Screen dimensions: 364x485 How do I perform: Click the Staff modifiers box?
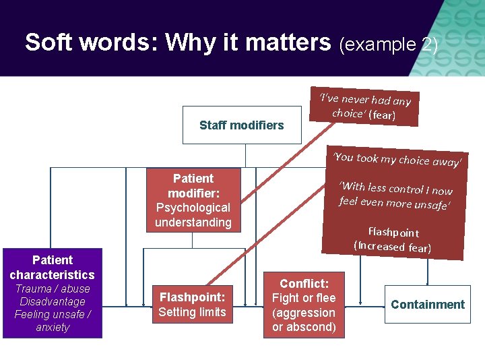pos(242,125)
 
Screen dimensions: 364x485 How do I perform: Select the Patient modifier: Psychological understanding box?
pos(193,200)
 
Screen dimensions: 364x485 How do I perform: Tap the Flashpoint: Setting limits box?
pos(193,304)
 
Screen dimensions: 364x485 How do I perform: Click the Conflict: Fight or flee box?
pos(304,305)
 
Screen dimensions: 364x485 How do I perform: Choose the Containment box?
pos(428,304)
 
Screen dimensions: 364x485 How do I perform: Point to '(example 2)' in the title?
pos(389,44)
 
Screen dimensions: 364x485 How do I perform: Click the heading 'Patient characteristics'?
pos(52,267)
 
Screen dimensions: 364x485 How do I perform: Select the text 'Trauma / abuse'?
pos(52,289)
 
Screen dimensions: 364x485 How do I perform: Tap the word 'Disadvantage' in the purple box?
pos(52,301)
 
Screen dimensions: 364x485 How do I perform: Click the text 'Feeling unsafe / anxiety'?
pos(52,321)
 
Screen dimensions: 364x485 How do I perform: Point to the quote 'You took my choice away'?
pos(397,159)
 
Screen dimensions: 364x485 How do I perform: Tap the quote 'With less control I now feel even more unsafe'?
pos(395,195)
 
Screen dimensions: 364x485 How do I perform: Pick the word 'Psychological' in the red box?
pos(193,208)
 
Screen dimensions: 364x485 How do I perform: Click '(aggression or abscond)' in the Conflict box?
pos(304,320)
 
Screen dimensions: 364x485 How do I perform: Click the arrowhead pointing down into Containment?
pos(428,282)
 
